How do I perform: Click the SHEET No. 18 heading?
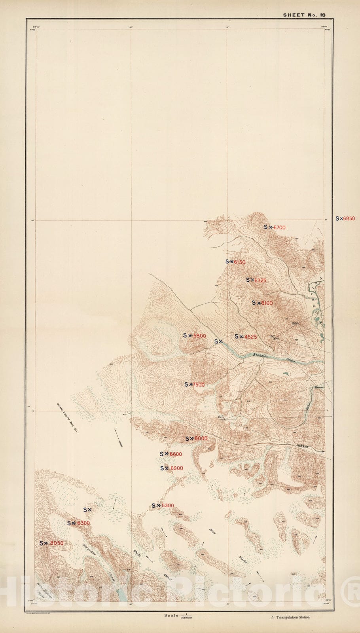point(304,15)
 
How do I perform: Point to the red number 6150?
point(240,262)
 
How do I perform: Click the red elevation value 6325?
point(260,280)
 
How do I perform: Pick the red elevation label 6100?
point(267,303)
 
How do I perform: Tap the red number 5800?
point(199,336)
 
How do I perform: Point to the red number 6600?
point(176,454)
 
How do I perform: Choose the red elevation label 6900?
point(176,468)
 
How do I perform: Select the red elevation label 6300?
point(83,523)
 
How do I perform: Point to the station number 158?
point(220,417)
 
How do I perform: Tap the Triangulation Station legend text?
point(293,617)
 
